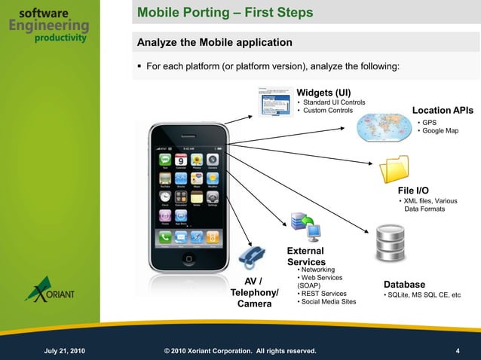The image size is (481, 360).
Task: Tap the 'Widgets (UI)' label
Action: coord(324,93)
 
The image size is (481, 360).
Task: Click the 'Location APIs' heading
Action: coord(443,111)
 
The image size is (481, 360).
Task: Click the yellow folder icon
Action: coord(394,169)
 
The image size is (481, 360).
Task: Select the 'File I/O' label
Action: coord(413,191)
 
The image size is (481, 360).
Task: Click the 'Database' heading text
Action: coord(405,284)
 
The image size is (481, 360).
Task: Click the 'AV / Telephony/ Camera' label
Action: coord(254,293)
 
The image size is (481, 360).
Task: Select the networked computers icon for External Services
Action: coord(303,225)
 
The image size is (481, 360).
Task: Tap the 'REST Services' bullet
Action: coord(324,294)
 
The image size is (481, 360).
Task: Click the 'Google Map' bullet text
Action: coord(440,131)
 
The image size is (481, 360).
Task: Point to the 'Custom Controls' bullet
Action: coord(327,111)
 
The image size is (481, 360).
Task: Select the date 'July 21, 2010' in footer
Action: coord(65,351)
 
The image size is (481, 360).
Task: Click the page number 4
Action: coord(458,351)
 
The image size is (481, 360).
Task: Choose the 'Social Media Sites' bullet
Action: coord(329,302)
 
